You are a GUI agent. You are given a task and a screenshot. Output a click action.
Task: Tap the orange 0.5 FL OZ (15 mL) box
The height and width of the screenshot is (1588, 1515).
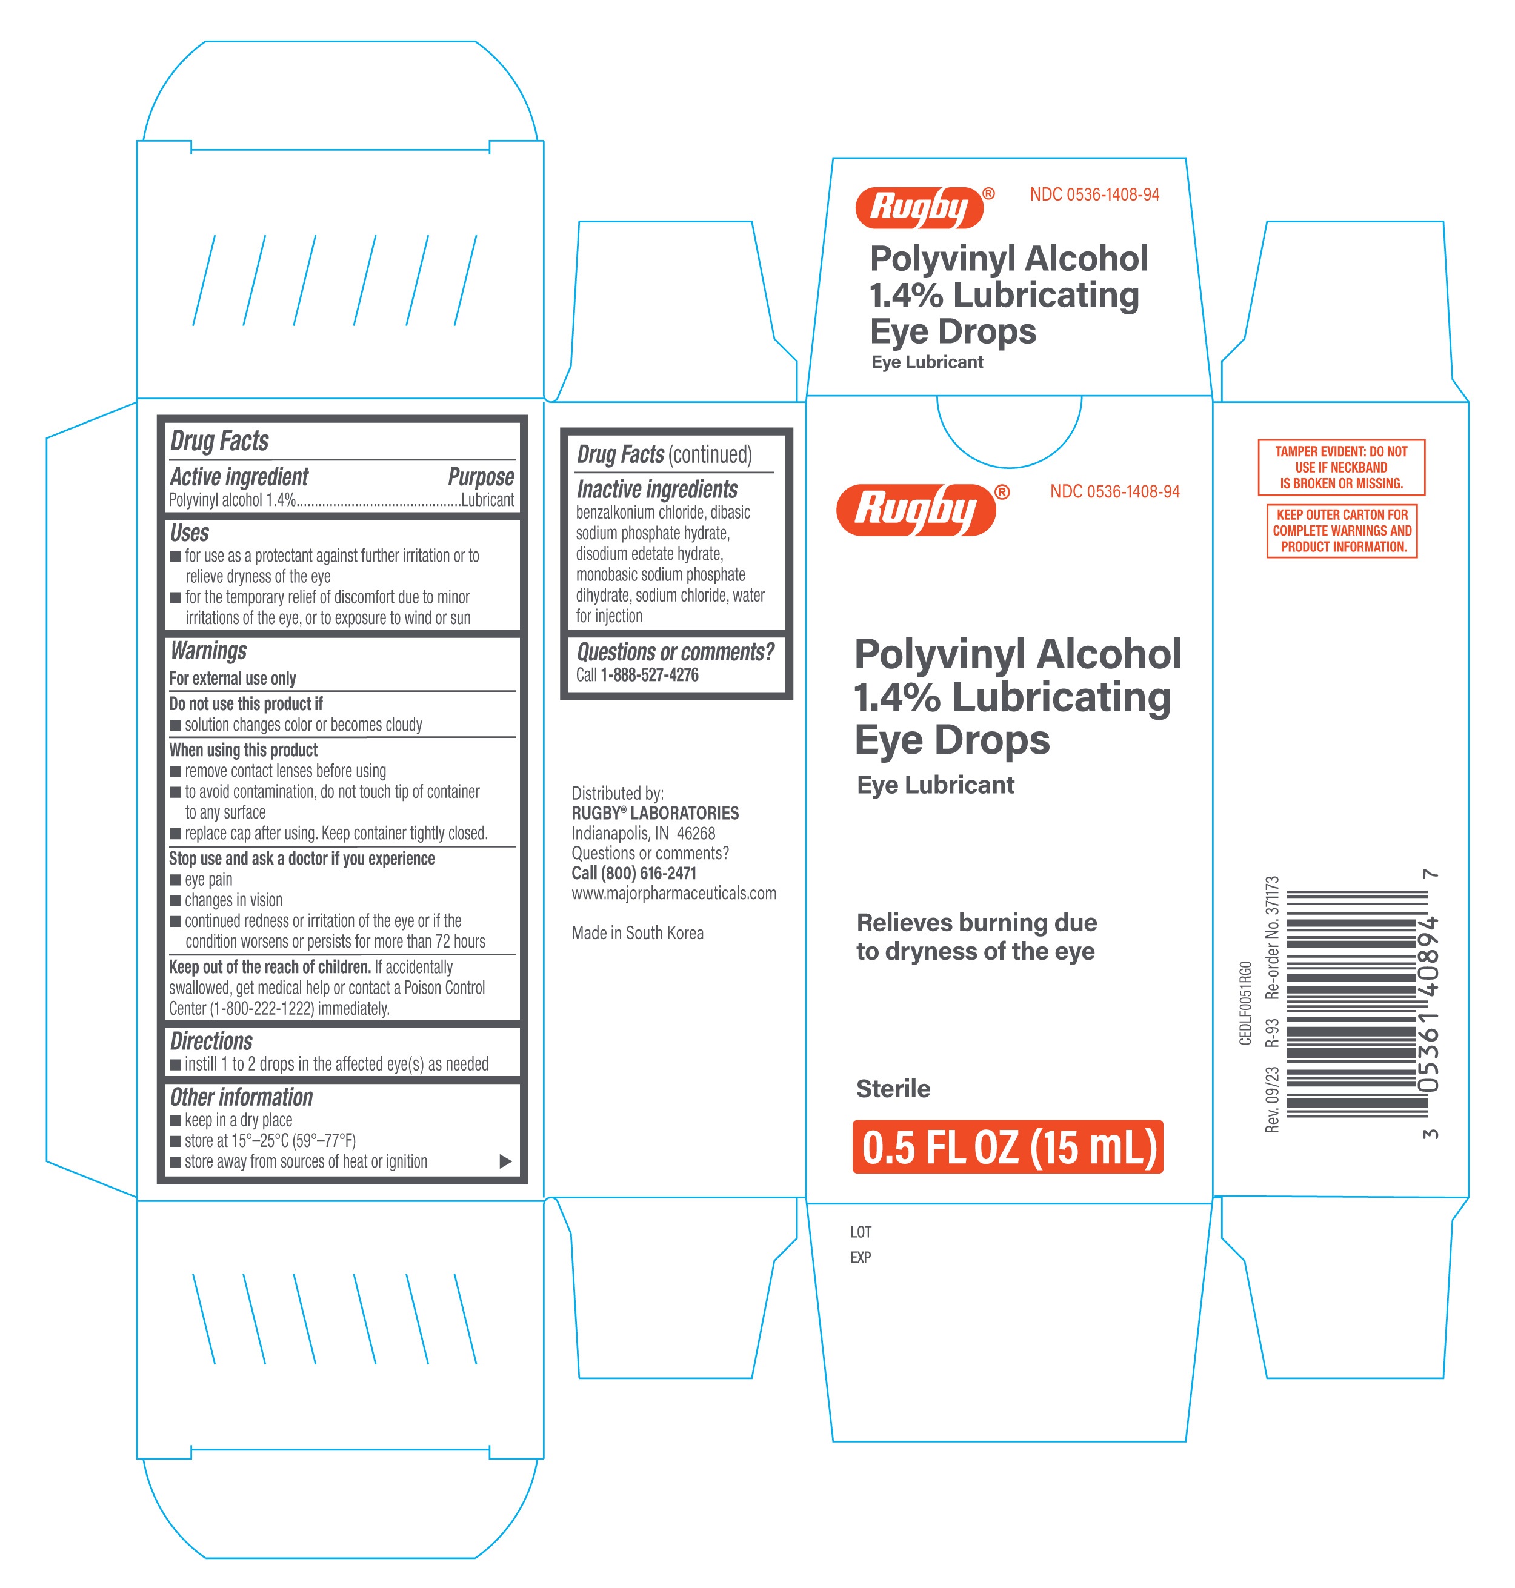1008,1146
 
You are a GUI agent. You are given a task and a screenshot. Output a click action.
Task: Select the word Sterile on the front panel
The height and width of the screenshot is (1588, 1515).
893,1089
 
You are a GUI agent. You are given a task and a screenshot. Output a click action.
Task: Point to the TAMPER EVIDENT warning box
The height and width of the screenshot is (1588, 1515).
1341,468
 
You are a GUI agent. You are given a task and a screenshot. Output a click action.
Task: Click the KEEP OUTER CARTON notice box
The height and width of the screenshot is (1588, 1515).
1342,530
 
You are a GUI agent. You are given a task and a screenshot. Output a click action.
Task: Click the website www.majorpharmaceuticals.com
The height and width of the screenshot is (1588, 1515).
674,893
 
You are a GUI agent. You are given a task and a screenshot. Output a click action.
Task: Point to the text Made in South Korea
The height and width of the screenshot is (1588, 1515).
638,933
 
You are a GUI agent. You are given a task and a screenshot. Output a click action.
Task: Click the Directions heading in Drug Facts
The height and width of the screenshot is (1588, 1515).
211,1042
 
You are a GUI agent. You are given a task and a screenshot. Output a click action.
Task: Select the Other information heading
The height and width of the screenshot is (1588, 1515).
241,1097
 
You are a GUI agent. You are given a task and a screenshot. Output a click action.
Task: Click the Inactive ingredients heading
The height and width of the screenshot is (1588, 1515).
658,489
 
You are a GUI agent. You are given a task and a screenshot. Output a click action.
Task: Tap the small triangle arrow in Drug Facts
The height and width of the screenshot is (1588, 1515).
505,1161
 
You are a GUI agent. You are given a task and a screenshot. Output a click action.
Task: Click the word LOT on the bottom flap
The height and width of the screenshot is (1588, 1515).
861,1232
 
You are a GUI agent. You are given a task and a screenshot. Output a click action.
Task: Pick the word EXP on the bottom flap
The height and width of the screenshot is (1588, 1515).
861,1257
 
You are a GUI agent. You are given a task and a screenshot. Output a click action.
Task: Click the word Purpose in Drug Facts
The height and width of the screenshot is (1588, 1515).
481,477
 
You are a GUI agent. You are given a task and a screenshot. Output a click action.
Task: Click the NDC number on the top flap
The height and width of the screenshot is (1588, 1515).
1094,194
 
